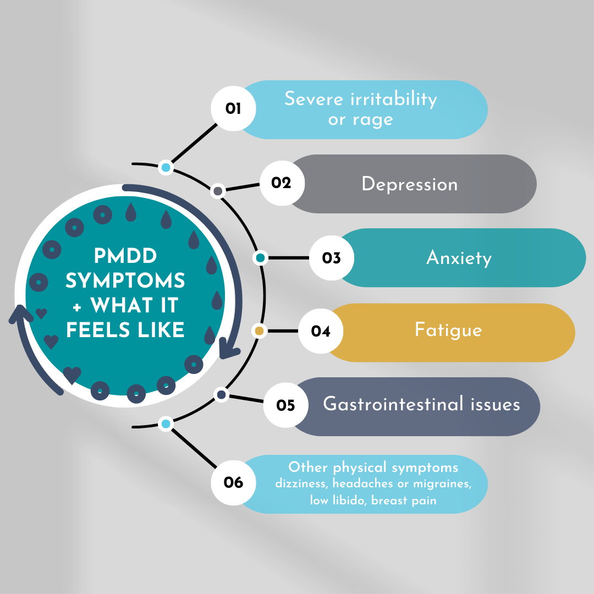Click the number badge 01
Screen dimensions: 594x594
[x=234, y=108]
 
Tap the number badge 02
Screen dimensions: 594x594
[x=281, y=183]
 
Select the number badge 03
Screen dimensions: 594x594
[x=332, y=257]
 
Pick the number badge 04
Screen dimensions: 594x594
[x=321, y=331]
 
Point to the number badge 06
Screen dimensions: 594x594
[x=234, y=483]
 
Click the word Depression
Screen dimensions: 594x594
[x=409, y=184]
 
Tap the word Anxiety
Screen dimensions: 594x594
[x=459, y=258]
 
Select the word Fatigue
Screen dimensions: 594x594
[x=448, y=330]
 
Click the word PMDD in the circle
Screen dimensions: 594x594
[x=125, y=256]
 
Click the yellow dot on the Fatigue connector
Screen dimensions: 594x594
[x=260, y=331]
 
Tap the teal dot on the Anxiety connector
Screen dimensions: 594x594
[x=261, y=257]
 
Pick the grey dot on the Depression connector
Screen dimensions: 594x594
[x=218, y=191]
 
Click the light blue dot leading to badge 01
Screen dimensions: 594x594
[x=166, y=167]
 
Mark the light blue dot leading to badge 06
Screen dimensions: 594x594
[x=166, y=424]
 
